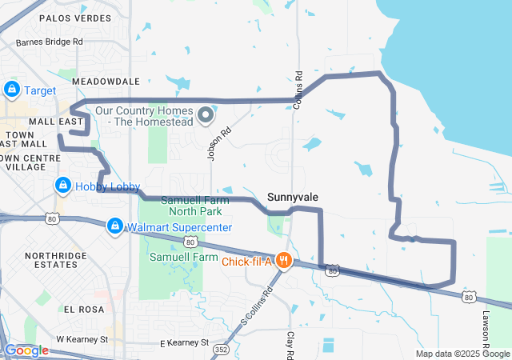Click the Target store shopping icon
click(12, 90)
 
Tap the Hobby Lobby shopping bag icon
click(62, 186)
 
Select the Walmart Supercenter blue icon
click(115, 226)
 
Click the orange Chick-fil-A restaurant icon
click(282, 260)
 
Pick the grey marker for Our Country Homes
click(205, 116)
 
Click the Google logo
click(26, 350)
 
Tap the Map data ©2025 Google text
click(462, 354)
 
